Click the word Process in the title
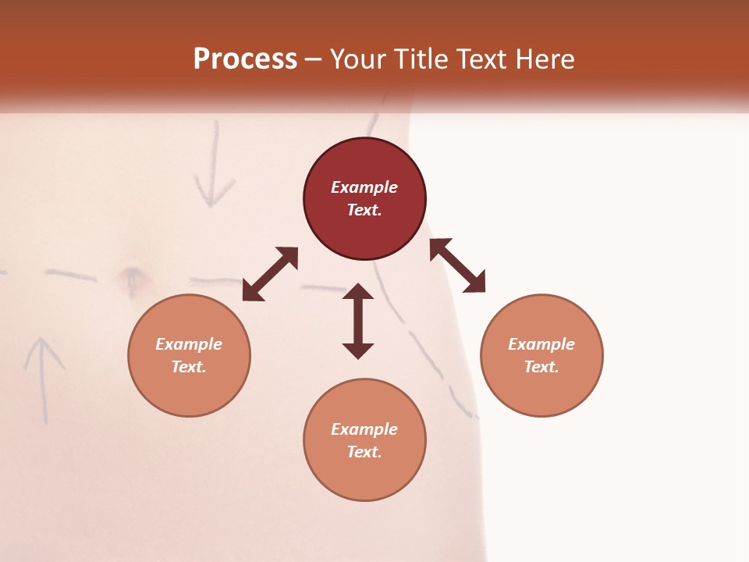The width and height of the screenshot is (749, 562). point(245,59)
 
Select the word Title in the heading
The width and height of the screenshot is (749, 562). point(421,59)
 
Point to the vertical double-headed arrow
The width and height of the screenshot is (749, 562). point(358,321)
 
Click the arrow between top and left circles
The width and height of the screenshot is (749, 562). point(270,274)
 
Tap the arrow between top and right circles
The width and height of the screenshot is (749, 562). point(458,265)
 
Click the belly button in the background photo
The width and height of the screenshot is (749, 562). point(131,275)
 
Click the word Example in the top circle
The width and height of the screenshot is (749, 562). point(364,187)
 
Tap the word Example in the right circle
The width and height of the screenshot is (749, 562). point(541,344)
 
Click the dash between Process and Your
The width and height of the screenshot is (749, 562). point(313,59)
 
